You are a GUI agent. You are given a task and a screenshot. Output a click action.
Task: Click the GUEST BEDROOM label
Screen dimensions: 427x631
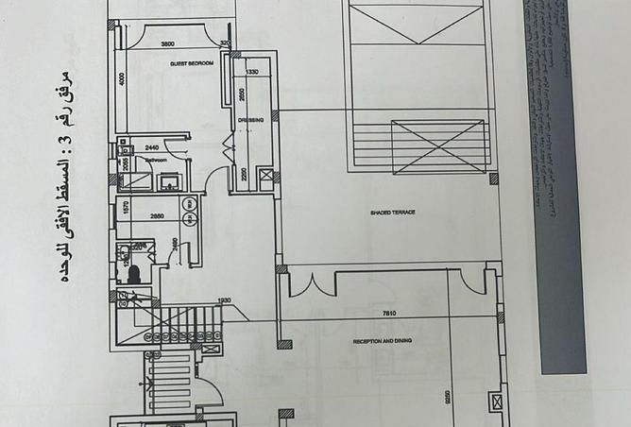[x=192, y=63]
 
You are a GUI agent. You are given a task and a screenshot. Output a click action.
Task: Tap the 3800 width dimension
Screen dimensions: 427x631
[x=167, y=44]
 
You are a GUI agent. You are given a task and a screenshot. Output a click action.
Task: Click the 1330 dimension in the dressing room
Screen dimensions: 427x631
[x=251, y=72]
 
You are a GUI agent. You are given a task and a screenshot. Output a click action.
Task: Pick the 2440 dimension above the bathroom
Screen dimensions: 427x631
[x=152, y=147]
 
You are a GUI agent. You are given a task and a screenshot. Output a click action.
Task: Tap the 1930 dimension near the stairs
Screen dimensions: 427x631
[x=225, y=300]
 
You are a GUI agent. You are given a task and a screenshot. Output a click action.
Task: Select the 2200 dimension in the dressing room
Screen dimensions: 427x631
[x=245, y=173]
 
